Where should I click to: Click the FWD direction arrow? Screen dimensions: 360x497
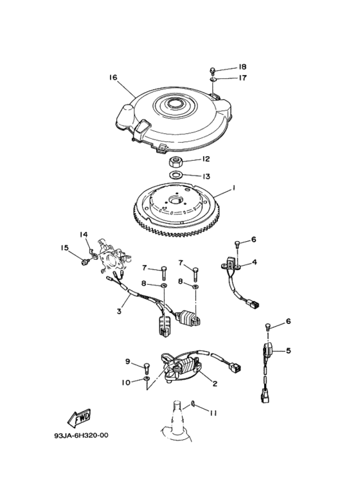(x=80, y=417)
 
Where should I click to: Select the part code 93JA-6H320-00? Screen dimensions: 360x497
(x=81, y=435)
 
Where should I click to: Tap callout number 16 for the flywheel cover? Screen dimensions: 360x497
(x=113, y=78)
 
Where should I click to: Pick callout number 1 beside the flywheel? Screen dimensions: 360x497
(x=233, y=188)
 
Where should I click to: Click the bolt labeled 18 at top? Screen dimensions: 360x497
(x=213, y=69)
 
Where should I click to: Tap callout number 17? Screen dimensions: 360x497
(x=242, y=78)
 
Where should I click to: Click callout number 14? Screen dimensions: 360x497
(x=84, y=235)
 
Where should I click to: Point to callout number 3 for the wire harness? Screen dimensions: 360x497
(x=119, y=311)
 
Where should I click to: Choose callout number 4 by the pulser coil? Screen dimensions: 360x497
(x=255, y=262)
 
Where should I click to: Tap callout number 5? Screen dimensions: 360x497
(x=289, y=350)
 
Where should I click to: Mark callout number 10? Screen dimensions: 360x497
(x=126, y=383)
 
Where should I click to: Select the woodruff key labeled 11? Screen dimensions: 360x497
(x=193, y=404)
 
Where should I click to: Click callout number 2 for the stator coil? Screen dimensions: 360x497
(x=215, y=384)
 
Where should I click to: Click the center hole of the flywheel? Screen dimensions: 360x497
(x=175, y=200)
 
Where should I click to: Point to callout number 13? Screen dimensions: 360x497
(x=206, y=176)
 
